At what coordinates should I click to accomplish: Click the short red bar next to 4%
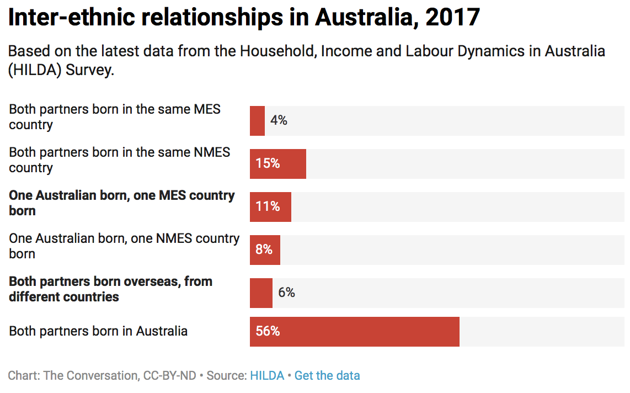point(257,121)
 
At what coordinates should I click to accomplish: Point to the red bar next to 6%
point(261,293)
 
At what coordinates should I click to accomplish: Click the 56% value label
point(268,332)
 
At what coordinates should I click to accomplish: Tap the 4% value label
point(279,120)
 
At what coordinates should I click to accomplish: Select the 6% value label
point(286,293)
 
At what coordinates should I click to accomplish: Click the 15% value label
point(268,164)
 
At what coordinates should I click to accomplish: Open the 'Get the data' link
point(327,376)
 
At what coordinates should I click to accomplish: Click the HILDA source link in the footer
point(267,376)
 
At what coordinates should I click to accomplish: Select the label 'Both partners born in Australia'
point(98,331)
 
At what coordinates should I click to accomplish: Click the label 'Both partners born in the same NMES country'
point(119,160)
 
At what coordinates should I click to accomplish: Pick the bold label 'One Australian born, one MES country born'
point(121,203)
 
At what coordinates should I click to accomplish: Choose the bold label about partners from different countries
point(110,289)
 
